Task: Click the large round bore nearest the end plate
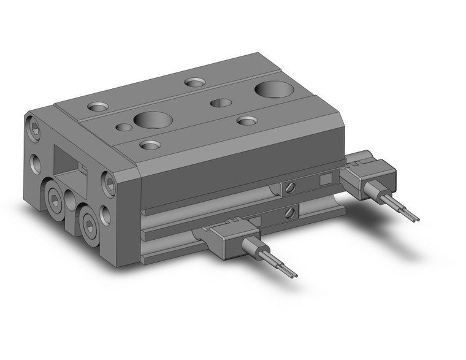(x=150, y=118)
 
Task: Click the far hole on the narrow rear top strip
(x=196, y=82)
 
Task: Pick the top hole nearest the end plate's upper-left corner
(x=97, y=107)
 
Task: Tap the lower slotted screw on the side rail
(x=289, y=212)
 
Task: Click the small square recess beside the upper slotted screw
(x=326, y=179)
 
